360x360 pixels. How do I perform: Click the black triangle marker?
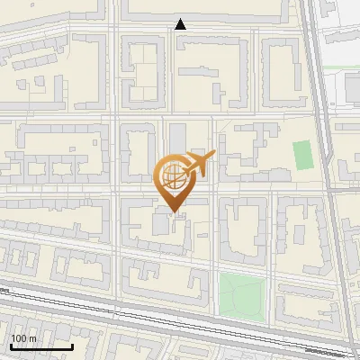click(x=181, y=24)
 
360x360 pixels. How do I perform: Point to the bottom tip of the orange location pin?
click(x=175, y=214)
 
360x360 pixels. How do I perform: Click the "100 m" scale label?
click(x=23, y=338)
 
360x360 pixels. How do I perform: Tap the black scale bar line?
click(x=41, y=346)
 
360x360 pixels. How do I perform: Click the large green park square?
click(x=243, y=294)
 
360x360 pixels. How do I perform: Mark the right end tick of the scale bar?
click(x=72, y=345)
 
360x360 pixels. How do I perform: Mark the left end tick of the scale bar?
click(x=11, y=345)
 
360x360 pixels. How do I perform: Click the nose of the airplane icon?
click(x=214, y=157)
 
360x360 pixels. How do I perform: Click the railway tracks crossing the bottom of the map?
click(x=180, y=319)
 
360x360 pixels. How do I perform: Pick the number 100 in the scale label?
click(x=19, y=338)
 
